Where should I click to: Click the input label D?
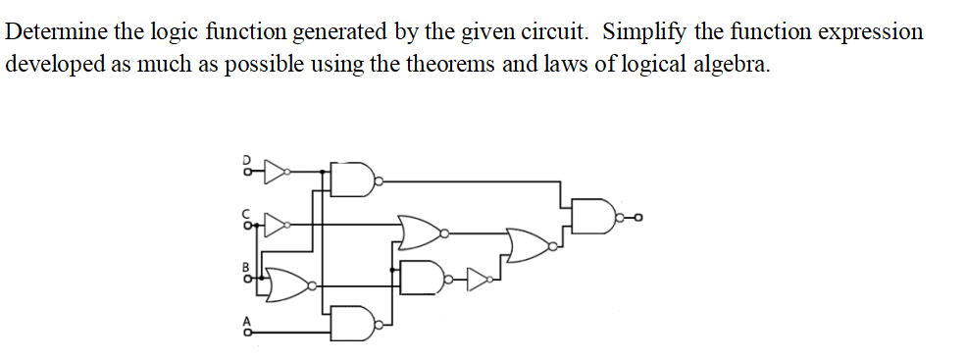click(247, 157)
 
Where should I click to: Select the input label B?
click(247, 266)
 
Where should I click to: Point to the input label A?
click(247, 320)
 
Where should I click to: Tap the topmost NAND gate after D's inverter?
click(355, 180)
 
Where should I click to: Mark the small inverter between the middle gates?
click(480, 280)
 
